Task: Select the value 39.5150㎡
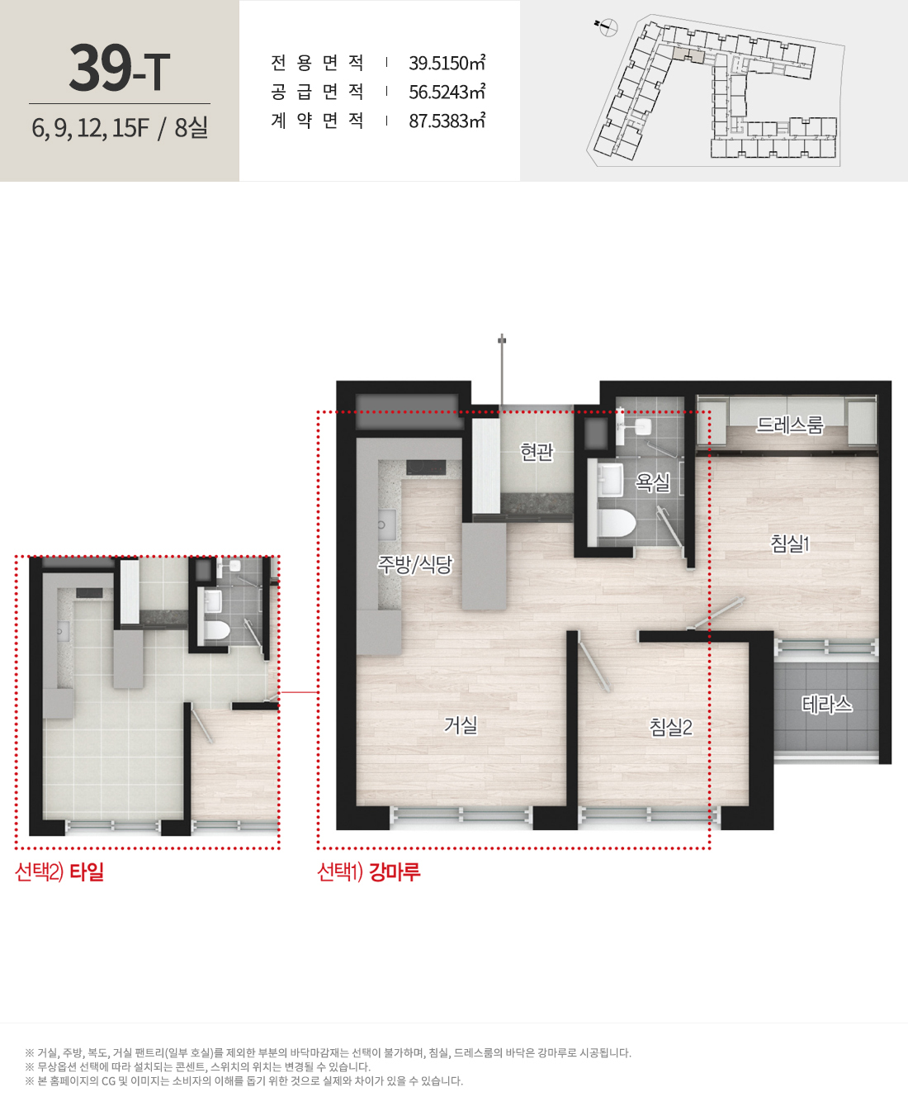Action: (447, 63)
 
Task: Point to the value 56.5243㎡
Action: (447, 92)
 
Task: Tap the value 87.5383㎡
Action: (447, 121)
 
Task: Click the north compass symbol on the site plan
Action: (608, 26)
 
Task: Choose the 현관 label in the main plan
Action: (537, 452)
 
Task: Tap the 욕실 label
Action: (653, 482)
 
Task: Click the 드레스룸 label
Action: (789, 424)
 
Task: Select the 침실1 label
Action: (790, 544)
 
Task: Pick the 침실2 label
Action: (670, 727)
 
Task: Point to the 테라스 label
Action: (826, 704)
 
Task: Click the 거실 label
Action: (461, 725)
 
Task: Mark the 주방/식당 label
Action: (414, 564)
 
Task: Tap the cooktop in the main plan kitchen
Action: (426, 468)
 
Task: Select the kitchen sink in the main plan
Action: (387, 525)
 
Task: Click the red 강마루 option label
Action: (395, 871)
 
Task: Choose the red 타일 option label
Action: (87, 871)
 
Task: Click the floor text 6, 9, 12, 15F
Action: (90, 128)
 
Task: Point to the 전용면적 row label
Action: (318, 63)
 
